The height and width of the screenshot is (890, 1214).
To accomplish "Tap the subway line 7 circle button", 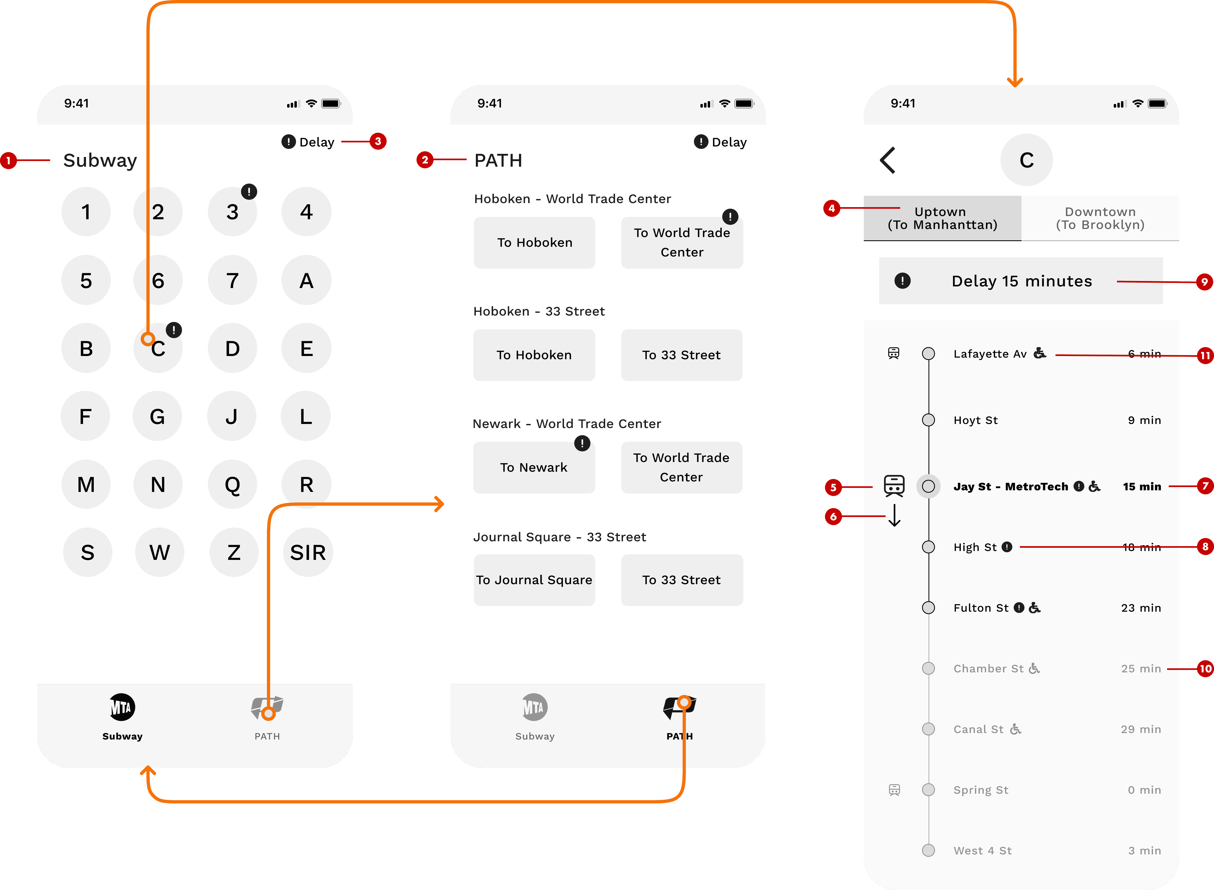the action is pos(232,280).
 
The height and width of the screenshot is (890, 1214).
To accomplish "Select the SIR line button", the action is pos(308,552).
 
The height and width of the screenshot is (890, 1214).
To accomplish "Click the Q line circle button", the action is pos(232,484).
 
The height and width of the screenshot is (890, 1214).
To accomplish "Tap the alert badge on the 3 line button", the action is pos(249,191).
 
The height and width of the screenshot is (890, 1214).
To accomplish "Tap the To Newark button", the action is pos(534,467).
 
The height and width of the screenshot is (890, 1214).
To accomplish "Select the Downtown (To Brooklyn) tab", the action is pos(1100,218).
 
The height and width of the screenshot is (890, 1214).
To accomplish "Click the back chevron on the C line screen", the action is pos(888,160).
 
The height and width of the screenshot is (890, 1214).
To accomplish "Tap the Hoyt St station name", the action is pos(975,420).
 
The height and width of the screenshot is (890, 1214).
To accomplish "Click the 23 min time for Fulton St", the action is pos(1141,608).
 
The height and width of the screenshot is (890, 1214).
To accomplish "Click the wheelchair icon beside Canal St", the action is pos(1015,729).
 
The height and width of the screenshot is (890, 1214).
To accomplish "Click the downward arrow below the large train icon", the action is pos(894,515).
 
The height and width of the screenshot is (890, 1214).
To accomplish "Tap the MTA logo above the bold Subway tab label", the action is pos(122,707).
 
